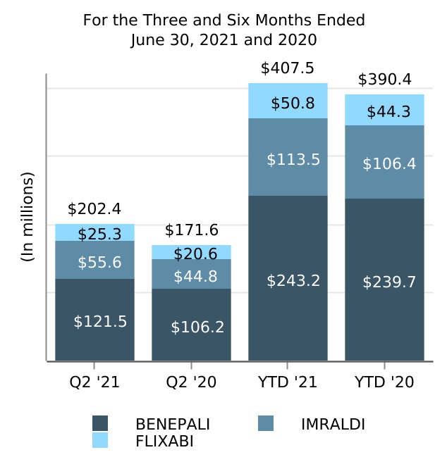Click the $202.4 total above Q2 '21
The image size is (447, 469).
coord(94,209)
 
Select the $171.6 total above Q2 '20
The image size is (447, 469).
coord(191,230)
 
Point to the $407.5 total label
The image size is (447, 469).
coord(287,68)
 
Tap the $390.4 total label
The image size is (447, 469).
coord(384,80)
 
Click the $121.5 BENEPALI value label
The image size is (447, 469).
coord(100,322)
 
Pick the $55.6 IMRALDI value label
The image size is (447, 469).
coord(99,263)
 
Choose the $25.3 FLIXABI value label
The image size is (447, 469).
coord(99,234)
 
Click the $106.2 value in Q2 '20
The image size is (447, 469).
coord(197,327)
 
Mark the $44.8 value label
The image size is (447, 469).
coord(197,276)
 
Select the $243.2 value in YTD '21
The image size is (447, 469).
coord(293,281)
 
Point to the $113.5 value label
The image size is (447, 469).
coord(293,160)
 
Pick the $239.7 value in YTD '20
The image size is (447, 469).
coord(389,282)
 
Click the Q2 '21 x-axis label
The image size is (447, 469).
coord(94,382)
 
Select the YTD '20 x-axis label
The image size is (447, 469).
coord(384,382)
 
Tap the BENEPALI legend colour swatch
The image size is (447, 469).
coord(100,424)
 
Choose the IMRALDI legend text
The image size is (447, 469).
coord(333,424)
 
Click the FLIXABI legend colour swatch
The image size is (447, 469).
coord(100,441)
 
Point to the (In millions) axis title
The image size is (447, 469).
coord(27,217)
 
